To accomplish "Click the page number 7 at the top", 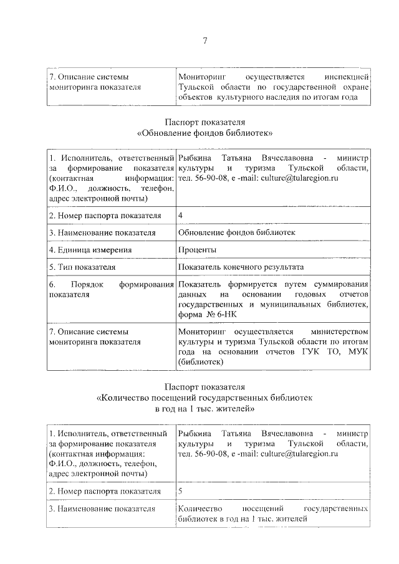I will (x=204, y=41).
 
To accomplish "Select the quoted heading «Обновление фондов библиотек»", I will (x=205, y=133).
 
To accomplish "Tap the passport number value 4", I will (x=181, y=215).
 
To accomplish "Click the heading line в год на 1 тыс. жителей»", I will (x=205, y=409).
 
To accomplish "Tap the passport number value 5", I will (x=181, y=491).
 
